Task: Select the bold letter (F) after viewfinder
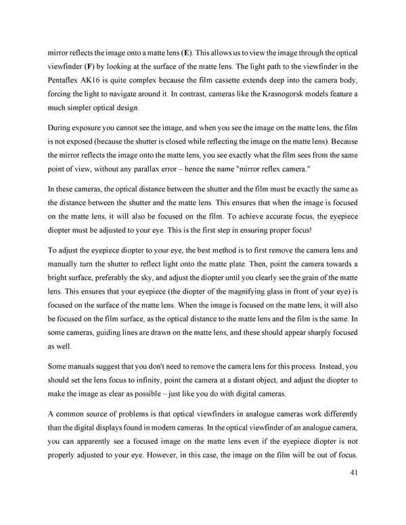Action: tap(87, 67)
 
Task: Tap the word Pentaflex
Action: tap(66, 83)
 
